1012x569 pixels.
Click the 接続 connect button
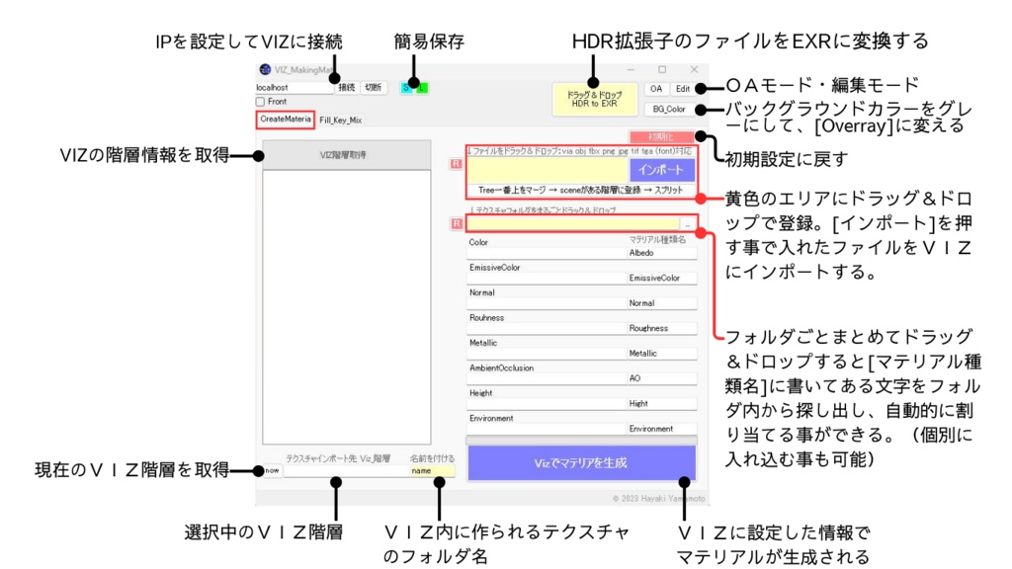pyautogui.click(x=347, y=87)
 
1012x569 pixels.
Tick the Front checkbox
pyautogui.click(x=261, y=102)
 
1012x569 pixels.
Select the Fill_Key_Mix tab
pyautogui.click(x=340, y=120)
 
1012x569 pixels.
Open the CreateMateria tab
pyautogui.click(x=286, y=119)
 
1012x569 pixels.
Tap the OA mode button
pyautogui.click(x=656, y=88)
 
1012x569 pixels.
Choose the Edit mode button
pyautogui.click(x=683, y=88)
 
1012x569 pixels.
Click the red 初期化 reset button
pyautogui.click(x=661, y=135)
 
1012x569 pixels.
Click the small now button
pyautogui.click(x=271, y=471)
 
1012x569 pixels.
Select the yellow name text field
pyautogui.click(x=432, y=471)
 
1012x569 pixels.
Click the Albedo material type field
pyautogui.click(x=662, y=253)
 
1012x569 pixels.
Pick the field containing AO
pyautogui.click(x=662, y=378)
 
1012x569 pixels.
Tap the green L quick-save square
pyautogui.click(x=423, y=87)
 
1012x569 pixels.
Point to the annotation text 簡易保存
pyautogui.click(x=429, y=41)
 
